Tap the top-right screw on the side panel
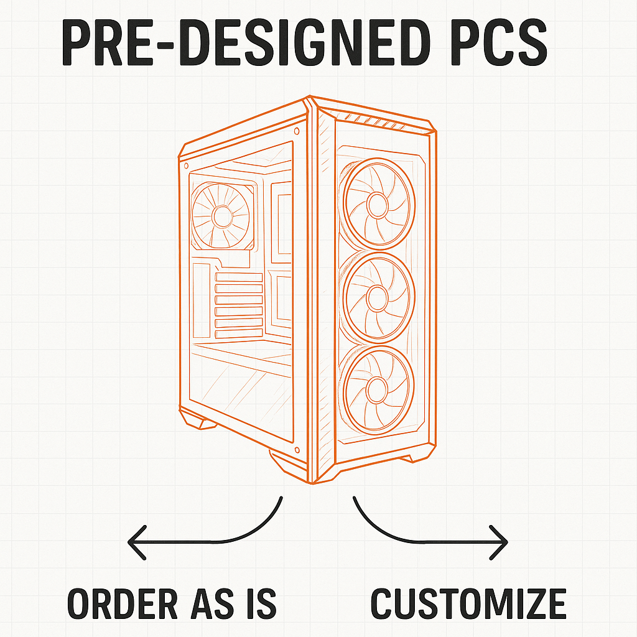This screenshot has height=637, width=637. (x=295, y=131)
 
